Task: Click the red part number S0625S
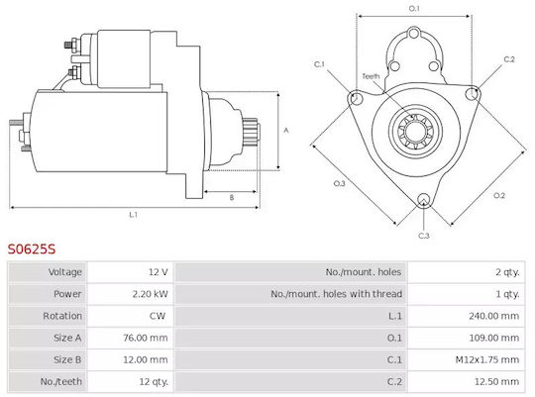coord(32,248)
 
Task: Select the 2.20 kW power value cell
coord(151,294)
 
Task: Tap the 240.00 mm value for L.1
coord(493,316)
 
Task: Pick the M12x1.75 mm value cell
coord(486,359)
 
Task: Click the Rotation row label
coord(62,316)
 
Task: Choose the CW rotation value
coord(158,316)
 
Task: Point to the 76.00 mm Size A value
coord(146,338)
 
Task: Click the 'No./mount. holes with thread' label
coord(337,294)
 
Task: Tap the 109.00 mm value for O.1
coord(493,338)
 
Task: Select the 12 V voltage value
coord(158,272)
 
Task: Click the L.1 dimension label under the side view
coord(133,215)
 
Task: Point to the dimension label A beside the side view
coord(286,131)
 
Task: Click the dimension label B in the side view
coord(232,197)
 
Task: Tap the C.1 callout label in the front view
coord(319,64)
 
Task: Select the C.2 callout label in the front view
coord(509,59)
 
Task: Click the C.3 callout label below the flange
coord(423,236)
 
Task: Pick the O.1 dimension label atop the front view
coord(414,8)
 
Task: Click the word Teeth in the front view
coord(371,76)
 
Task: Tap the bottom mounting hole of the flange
coord(423,200)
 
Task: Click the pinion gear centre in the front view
coord(415,131)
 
